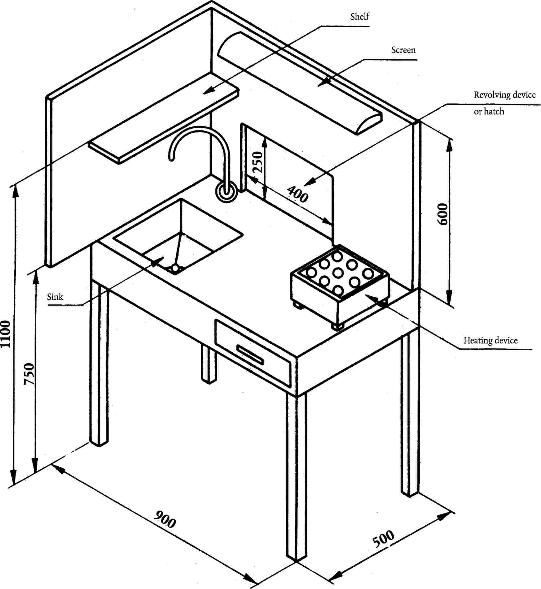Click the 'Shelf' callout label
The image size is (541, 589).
point(360,17)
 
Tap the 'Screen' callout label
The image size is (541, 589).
point(404,50)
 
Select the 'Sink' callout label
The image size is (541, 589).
point(55,297)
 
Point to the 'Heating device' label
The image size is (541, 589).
point(491,341)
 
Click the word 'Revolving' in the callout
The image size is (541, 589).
point(492,95)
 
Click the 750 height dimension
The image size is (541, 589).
point(29,374)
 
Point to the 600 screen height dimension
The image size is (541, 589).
point(442,214)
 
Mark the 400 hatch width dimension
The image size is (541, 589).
point(297,194)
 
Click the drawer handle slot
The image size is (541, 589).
point(250,355)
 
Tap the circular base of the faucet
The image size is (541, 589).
point(226,192)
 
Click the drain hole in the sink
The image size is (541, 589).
point(175,268)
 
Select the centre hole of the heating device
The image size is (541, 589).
point(338,273)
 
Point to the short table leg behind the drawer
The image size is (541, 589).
point(208,364)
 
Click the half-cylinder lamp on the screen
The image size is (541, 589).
point(300,83)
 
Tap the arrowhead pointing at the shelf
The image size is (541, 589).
point(208,91)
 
